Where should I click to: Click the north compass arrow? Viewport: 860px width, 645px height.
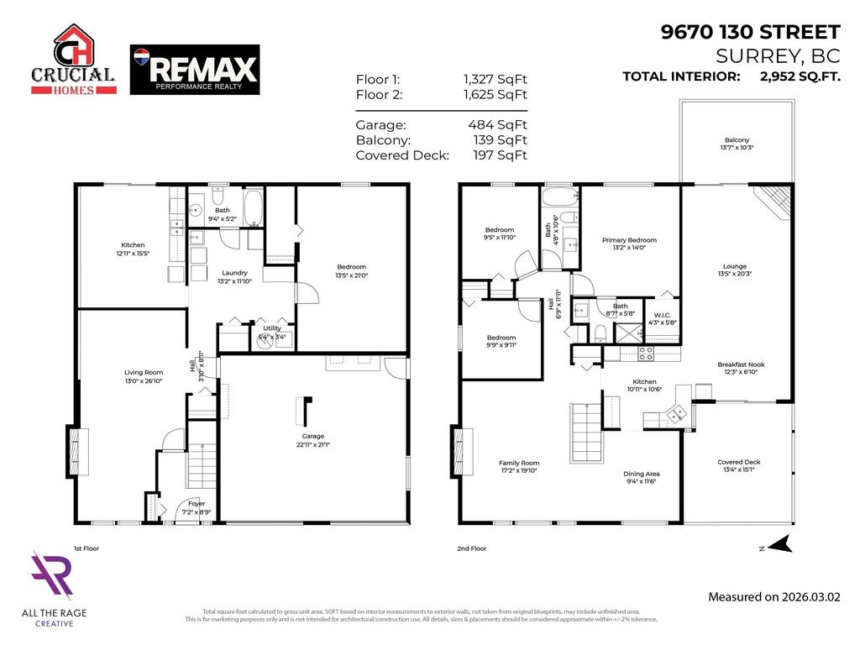779,546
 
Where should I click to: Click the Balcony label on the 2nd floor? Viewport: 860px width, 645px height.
737,140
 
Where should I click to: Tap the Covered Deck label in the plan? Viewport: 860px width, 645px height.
738,462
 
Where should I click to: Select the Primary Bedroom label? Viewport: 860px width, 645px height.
629,240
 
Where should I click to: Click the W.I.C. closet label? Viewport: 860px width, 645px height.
662,315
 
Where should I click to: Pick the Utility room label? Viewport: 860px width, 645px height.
271,328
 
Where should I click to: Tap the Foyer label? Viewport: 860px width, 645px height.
197,504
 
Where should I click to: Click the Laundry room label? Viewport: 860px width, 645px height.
233,273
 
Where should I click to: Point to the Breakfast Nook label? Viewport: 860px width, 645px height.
737,364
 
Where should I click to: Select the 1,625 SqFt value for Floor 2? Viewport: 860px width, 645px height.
496,95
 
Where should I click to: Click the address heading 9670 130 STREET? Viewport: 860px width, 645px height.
750,33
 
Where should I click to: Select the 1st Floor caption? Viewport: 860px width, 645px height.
86,548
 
